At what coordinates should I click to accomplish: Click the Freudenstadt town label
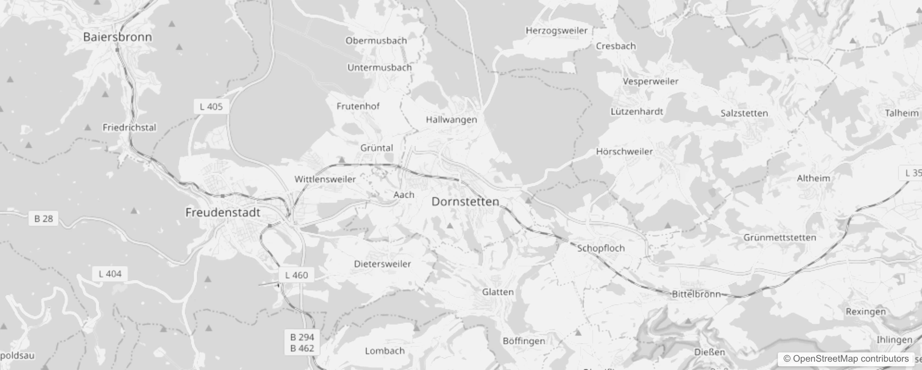click(223, 213)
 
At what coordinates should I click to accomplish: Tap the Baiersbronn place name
click(117, 37)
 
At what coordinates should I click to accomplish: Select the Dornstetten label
click(465, 202)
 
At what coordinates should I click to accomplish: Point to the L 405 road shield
click(211, 107)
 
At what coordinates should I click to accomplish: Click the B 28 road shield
click(43, 218)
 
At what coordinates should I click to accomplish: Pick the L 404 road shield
click(110, 274)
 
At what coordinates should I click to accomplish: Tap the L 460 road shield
click(297, 275)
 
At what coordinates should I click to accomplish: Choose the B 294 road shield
click(302, 337)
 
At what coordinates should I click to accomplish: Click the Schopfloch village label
click(601, 248)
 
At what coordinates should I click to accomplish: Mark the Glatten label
click(497, 292)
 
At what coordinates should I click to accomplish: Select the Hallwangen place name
click(451, 120)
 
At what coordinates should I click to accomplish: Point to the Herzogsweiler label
click(556, 31)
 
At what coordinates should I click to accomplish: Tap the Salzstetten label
click(744, 113)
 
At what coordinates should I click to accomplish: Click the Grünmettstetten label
click(779, 238)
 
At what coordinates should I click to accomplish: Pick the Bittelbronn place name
click(696, 294)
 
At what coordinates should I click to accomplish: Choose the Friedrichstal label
click(129, 128)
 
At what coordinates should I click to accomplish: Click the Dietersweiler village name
click(382, 264)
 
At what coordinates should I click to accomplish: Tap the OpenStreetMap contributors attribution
click(850, 359)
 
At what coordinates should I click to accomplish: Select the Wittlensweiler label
click(325, 179)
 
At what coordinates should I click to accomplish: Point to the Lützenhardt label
click(636, 111)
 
